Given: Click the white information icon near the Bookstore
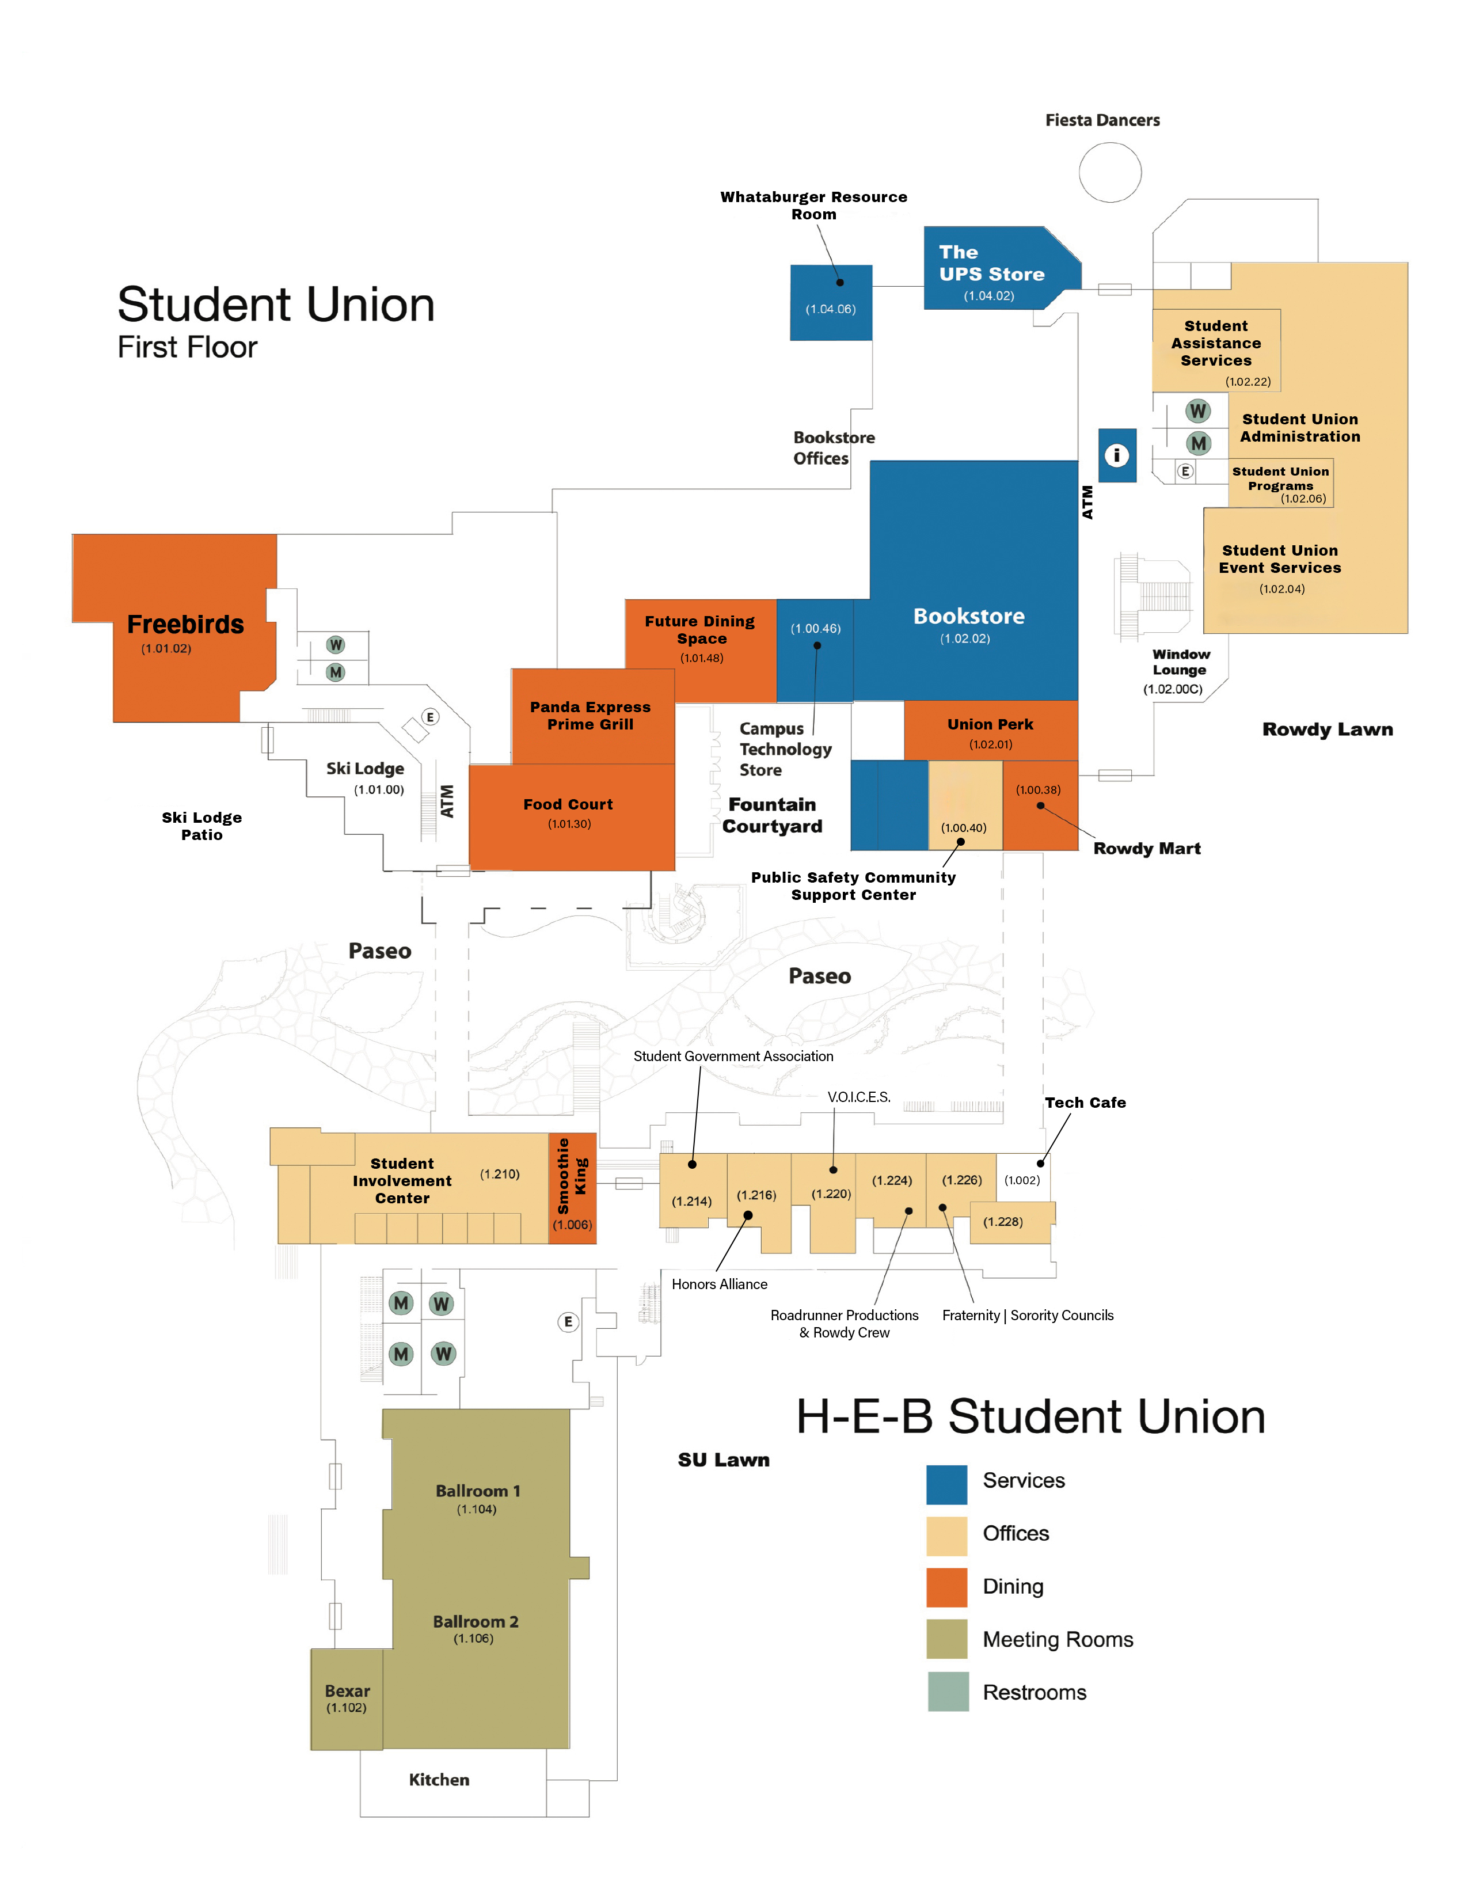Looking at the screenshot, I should pos(1117,455).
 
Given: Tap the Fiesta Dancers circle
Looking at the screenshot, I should pos(1110,172).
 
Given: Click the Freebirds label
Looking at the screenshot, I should pos(185,625).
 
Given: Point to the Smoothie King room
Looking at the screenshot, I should pos(572,1187).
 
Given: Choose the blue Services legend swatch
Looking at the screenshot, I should pos(946,1484).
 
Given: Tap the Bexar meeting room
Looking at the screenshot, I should pos(347,1698).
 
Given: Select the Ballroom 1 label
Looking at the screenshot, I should pos(477,1491).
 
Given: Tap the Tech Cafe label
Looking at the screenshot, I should pos(1085,1102).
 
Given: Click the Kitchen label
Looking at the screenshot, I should pos(439,1780).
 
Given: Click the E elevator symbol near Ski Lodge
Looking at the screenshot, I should pos(429,717).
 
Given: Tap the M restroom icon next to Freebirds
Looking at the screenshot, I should pos(336,672).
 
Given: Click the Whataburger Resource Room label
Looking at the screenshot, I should pos(813,206).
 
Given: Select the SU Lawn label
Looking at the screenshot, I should pos(724,1460).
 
